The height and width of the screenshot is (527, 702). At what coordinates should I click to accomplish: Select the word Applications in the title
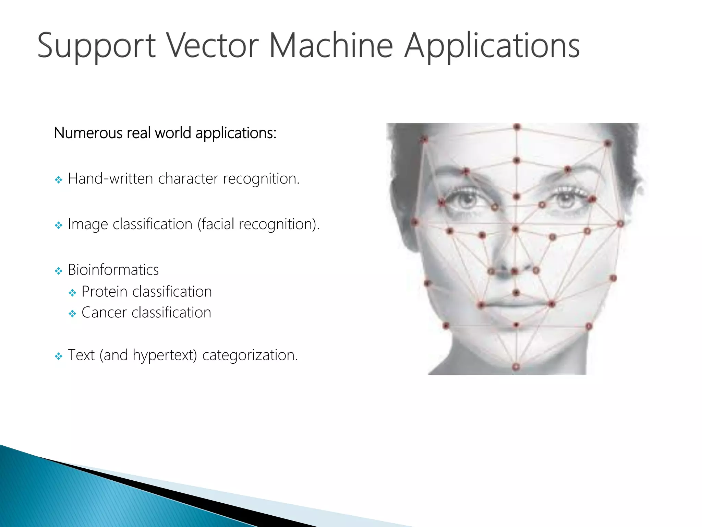pos(492,47)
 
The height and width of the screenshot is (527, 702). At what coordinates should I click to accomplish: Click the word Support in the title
pos(96,47)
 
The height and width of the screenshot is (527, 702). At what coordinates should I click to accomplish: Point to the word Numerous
pos(88,133)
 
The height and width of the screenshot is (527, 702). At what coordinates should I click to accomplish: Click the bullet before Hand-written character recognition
pos(59,180)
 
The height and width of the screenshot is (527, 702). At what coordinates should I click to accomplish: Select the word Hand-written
pos(110,178)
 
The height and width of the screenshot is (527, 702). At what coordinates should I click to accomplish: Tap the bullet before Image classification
pos(59,225)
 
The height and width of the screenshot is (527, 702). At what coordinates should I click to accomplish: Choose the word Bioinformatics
pos(113,270)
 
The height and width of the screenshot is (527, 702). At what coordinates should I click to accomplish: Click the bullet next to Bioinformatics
pos(59,271)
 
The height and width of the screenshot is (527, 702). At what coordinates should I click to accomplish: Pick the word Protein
pos(105,292)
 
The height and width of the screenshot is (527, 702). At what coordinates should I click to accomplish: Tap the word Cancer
pos(104,313)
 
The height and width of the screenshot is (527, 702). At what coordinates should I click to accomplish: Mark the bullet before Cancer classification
pos(72,314)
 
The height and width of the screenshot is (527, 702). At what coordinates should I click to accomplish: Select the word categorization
pos(250,355)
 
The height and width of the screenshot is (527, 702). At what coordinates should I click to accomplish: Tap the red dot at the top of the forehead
pos(517,127)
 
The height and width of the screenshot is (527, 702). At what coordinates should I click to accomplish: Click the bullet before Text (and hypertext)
pos(59,356)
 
